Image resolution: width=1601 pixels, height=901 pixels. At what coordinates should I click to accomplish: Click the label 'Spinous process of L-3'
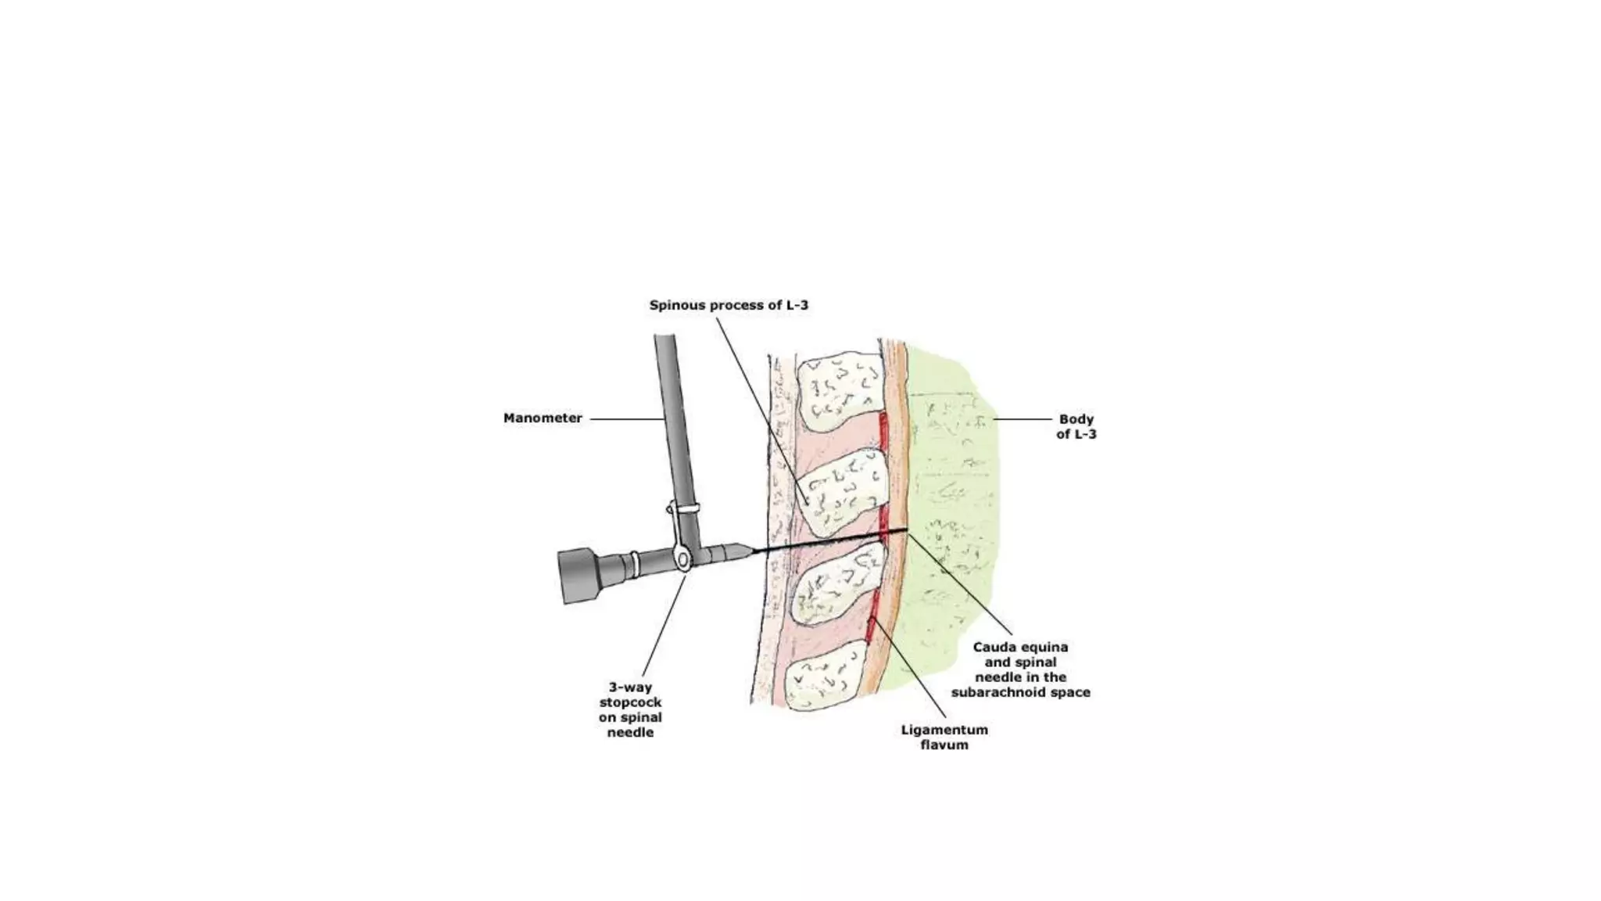coord(729,305)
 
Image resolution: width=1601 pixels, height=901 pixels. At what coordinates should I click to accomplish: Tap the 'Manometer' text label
coord(543,418)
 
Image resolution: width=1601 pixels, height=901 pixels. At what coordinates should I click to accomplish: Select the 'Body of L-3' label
coord(1076,426)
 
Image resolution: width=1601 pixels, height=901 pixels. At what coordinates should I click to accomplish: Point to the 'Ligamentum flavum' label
coord(944,737)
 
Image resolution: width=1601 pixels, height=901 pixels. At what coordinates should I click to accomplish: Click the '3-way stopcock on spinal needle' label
coord(630,710)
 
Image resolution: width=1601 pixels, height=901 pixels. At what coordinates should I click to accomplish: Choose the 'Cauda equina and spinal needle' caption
coord(1020,669)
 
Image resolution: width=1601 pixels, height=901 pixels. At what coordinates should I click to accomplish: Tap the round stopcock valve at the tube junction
coord(682,560)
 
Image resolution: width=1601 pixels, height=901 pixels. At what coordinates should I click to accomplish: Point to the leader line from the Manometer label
coord(625,419)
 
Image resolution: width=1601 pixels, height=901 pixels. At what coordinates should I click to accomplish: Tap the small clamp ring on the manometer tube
coord(685,509)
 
